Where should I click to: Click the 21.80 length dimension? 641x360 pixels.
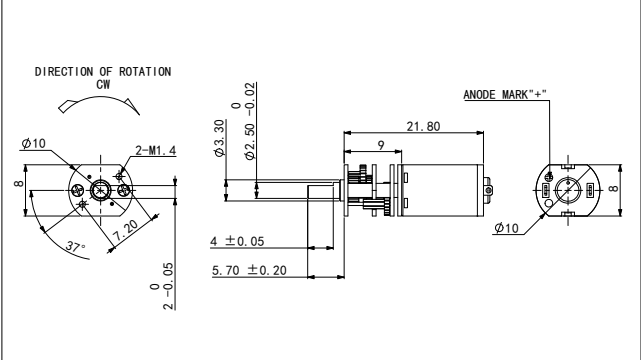pyautogui.click(x=423, y=127)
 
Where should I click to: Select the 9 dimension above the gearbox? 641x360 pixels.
pyautogui.click(x=381, y=145)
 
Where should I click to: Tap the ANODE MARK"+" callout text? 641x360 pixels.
pyautogui.click(x=505, y=95)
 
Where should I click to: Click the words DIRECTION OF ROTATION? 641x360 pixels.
pyautogui.click(x=103, y=72)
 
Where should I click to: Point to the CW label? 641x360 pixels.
pyautogui.click(x=103, y=85)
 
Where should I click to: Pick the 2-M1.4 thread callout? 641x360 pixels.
pyautogui.click(x=156, y=151)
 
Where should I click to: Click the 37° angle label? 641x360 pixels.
pyautogui.click(x=76, y=247)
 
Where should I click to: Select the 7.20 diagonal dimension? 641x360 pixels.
pyautogui.click(x=126, y=230)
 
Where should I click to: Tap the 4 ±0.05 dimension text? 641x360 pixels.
pyautogui.click(x=237, y=241)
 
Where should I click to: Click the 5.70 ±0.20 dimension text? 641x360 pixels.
pyautogui.click(x=249, y=271)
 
